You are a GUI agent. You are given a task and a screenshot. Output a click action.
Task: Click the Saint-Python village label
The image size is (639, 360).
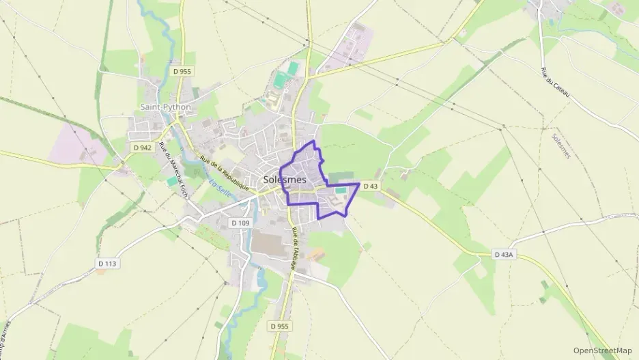point(165,107)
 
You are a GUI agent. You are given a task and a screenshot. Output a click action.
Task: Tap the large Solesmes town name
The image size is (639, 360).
point(284,179)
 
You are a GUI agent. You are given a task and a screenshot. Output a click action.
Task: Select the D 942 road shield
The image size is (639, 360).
point(142,147)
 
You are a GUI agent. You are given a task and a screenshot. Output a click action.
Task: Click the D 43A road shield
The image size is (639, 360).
point(504,255)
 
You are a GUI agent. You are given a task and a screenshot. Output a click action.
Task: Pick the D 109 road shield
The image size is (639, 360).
point(240,223)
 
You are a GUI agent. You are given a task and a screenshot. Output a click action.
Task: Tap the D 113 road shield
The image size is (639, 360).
point(107,263)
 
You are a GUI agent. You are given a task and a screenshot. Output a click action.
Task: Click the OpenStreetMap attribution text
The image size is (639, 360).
point(603,350)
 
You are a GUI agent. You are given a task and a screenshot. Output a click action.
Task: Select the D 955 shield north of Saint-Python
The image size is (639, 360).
point(182,70)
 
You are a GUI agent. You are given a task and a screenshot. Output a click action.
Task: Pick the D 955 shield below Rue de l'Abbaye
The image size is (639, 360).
point(280,326)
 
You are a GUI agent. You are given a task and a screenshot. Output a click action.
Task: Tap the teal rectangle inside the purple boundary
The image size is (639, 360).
point(339,191)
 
